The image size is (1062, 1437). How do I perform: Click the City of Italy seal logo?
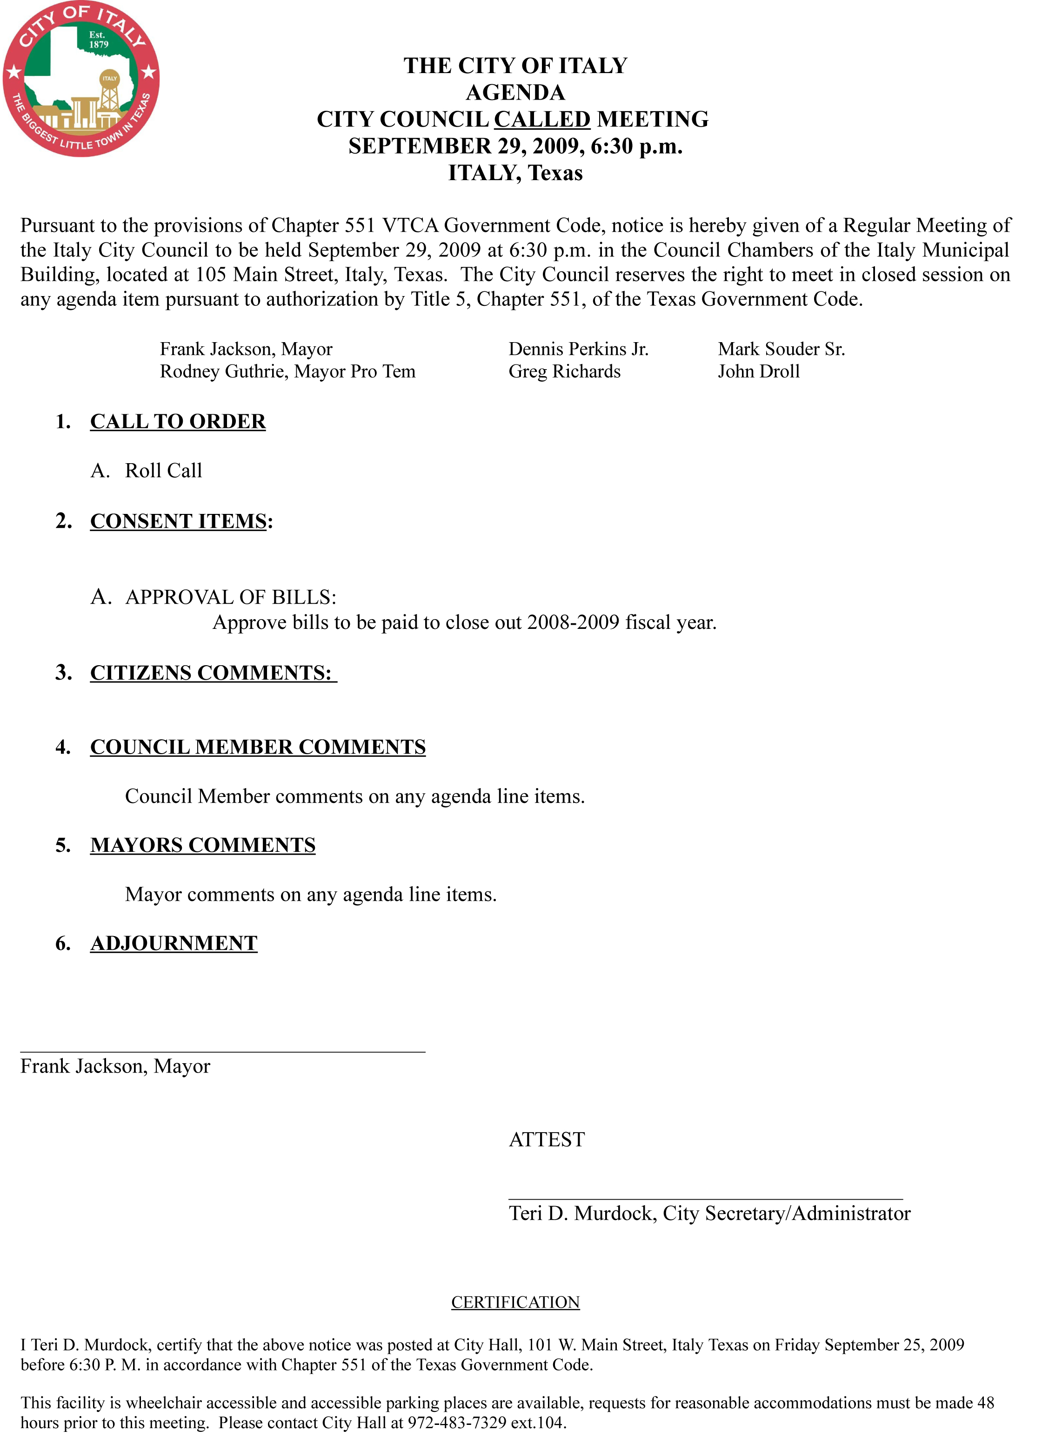tap(81, 79)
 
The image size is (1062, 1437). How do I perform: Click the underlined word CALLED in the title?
tap(542, 120)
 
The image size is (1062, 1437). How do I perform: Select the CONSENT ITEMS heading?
tap(179, 521)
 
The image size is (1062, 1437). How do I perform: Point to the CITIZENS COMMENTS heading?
tap(212, 673)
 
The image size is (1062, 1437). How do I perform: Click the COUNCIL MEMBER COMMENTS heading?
tap(258, 747)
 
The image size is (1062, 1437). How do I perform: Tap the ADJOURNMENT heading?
tap(174, 944)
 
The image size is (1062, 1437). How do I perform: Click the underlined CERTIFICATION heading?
tap(515, 1302)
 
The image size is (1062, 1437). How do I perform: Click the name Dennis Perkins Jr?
tap(579, 349)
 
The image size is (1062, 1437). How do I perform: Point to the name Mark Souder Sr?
tap(781, 349)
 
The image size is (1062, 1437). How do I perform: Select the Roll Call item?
tap(163, 471)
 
